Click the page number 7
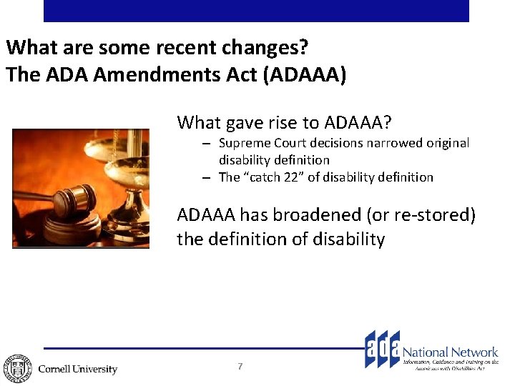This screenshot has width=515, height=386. [x=240, y=367]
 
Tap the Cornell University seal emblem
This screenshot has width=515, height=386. [x=16, y=368]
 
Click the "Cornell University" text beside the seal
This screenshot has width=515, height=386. [x=77, y=369]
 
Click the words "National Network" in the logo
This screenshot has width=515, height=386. [x=450, y=352]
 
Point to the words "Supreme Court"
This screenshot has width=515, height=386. [x=256, y=144]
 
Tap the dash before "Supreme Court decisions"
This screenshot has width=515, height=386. [x=205, y=144]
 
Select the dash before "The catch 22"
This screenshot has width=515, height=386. [x=205, y=177]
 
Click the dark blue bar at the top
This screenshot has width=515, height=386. [x=256, y=11]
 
